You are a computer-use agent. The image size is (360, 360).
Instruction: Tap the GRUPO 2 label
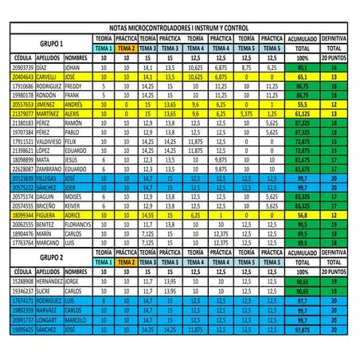[x=51, y=258]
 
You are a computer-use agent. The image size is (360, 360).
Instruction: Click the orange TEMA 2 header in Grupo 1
[x=124, y=48]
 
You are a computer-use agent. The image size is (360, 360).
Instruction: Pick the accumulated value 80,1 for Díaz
[x=303, y=68]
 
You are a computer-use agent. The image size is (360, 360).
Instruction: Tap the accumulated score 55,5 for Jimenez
[x=303, y=104]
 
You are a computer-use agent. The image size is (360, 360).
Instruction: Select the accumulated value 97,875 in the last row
[x=303, y=328]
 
